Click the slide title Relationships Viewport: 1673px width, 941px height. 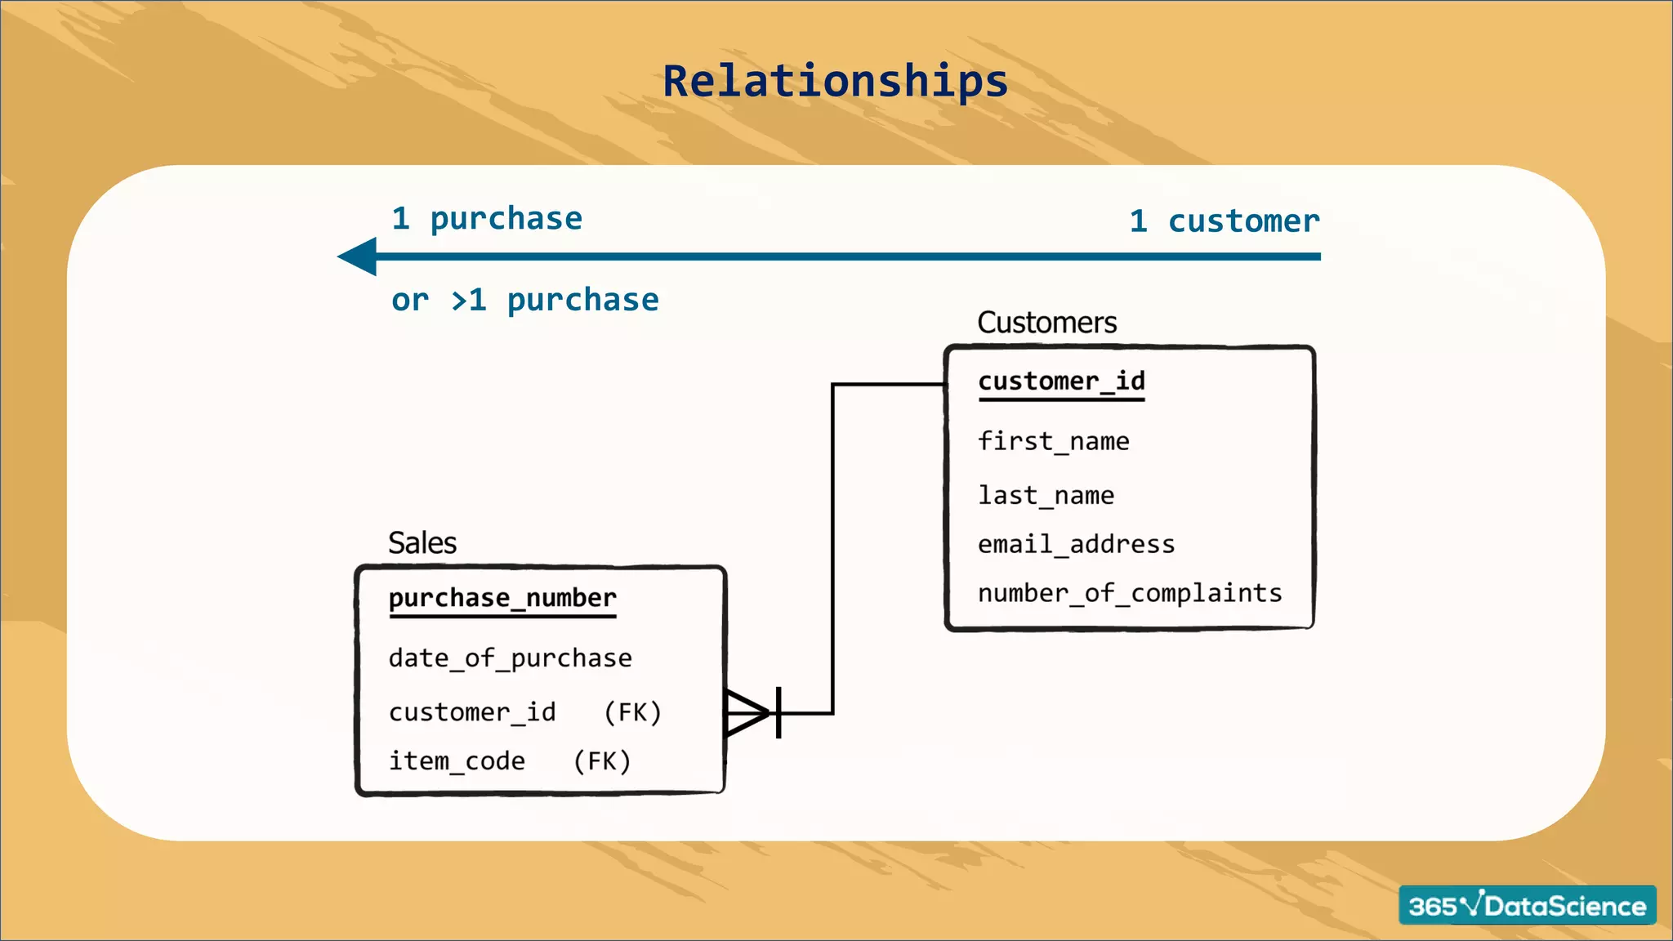pos(835,82)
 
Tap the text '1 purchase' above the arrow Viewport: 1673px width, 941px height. pos(487,219)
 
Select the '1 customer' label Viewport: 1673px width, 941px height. pos(1224,221)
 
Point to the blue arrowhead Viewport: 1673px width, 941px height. pos(359,256)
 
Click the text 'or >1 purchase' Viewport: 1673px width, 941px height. pos(524,301)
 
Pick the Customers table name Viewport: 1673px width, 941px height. pos(1046,323)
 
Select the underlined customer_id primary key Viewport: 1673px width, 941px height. pos(1061,381)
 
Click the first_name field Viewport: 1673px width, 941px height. pos(1053,441)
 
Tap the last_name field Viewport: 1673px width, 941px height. pos(1046,495)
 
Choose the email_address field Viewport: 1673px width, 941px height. pos(1076,544)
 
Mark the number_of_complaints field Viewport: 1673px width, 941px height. pos(1130,593)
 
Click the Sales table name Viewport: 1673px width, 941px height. pos(422,543)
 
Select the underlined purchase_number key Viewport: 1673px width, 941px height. pos(502,598)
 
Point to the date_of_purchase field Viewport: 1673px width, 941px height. pos(510,658)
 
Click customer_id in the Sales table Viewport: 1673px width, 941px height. pos(472,712)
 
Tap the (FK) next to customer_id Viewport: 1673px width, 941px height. pos(632,712)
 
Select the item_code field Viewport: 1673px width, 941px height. pos(457,761)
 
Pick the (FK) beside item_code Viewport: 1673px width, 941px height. pos(602,761)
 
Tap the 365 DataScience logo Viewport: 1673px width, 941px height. pos(1527,905)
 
